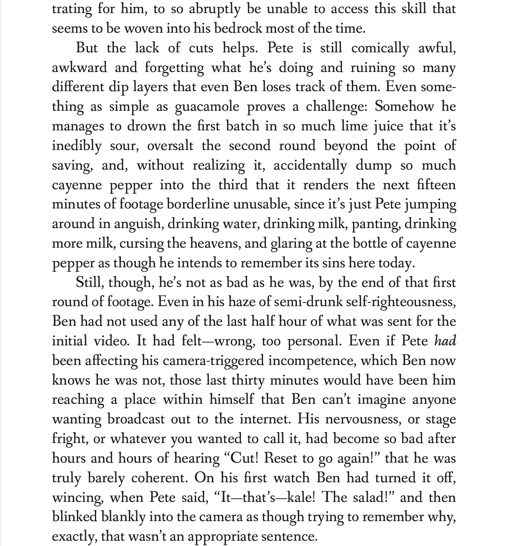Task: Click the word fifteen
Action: (436, 185)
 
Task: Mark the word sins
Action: (333, 263)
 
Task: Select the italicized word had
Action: (445, 341)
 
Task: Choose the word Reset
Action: (282, 458)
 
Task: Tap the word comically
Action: (380, 48)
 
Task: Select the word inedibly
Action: (76, 146)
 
